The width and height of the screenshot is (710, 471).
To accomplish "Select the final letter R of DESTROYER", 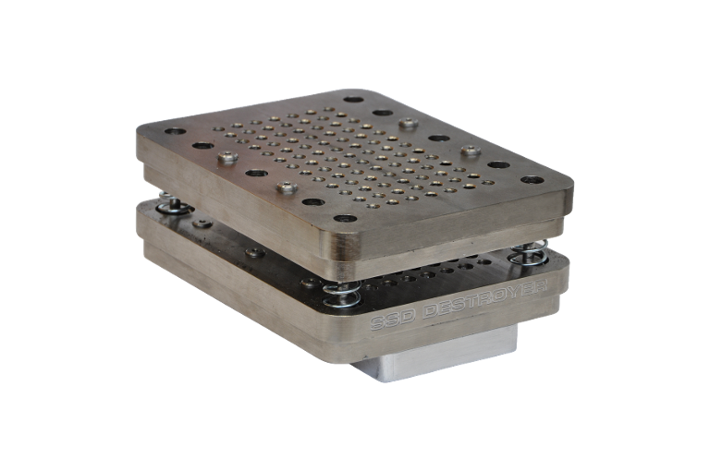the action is [540, 286].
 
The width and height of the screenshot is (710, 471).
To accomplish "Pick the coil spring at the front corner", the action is [342, 293].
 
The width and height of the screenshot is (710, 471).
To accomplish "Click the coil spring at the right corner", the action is [528, 252].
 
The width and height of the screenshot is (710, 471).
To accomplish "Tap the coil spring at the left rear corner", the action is [174, 202].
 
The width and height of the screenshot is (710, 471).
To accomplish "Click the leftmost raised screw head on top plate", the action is [227, 157].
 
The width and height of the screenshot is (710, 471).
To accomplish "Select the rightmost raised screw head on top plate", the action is [471, 151].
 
